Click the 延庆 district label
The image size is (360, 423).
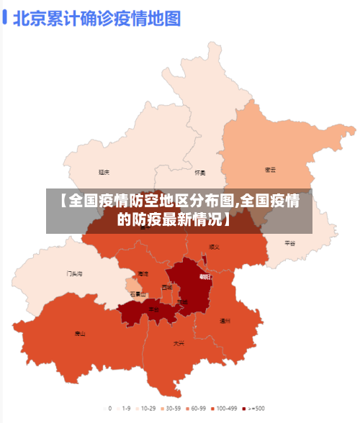point(104,173)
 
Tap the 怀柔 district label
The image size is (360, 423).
point(200,173)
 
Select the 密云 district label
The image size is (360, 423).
point(270,170)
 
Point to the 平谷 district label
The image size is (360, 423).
point(289,243)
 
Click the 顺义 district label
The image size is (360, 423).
point(214,247)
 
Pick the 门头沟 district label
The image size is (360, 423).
point(74,274)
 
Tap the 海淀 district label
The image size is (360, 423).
point(143,274)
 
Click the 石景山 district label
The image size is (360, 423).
point(138,294)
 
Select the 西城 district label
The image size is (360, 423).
point(167,287)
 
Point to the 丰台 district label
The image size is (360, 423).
point(153,309)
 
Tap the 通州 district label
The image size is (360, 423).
point(225,321)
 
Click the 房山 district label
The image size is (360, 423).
point(79,334)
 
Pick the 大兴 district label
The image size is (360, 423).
point(179,343)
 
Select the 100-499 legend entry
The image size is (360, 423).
point(224,408)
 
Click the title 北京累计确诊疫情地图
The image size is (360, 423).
point(97,17)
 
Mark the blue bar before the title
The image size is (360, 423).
point(5,17)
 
